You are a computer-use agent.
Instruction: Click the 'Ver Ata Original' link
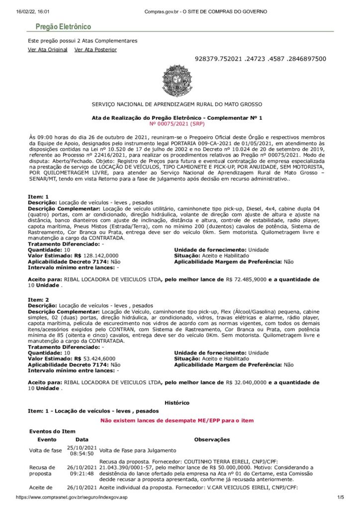click(x=48, y=50)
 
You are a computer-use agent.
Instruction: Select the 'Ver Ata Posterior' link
click(x=95, y=50)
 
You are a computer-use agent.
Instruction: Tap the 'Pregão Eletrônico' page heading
click(x=63, y=27)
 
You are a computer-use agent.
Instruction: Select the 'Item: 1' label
click(x=38, y=197)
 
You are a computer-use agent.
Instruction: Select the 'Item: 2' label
click(x=38, y=300)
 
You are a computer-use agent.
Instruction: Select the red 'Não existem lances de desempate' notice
click(x=177, y=421)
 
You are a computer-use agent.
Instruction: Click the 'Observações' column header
click(x=212, y=439)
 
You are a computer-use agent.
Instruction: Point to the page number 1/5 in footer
click(x=341, y=497)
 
